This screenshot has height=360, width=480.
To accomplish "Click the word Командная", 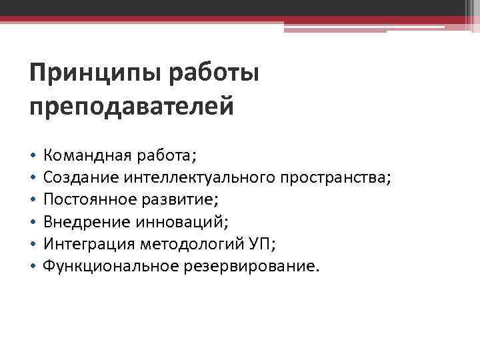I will [82, 156].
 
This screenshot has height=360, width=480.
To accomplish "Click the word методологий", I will [186, 244].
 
